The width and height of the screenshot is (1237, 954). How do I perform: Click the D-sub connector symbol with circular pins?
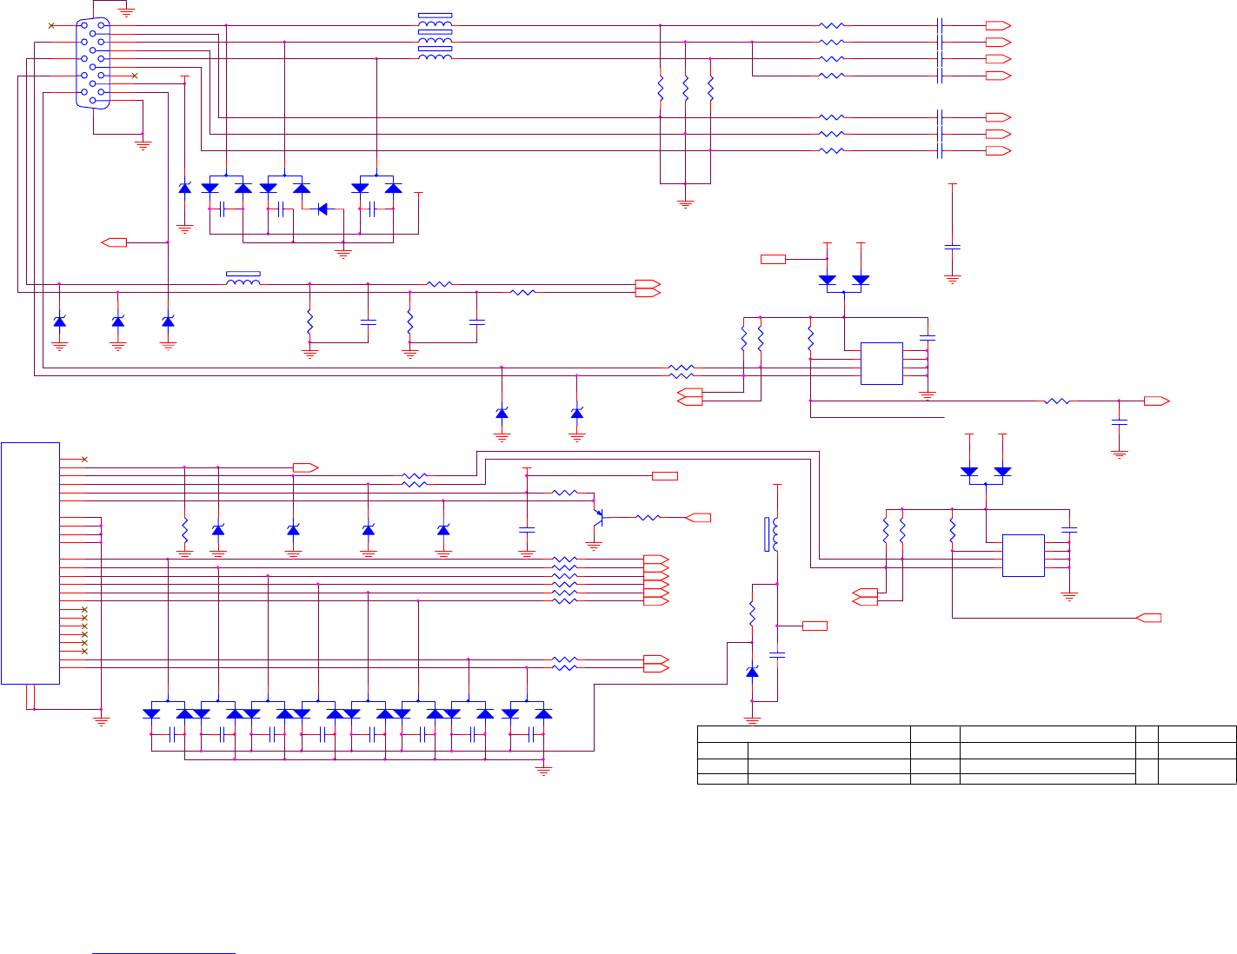click(x=93, y=63)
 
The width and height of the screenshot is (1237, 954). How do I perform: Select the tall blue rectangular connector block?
click(x=30, y=563)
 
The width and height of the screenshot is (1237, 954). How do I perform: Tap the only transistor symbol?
click(x=598, y=518)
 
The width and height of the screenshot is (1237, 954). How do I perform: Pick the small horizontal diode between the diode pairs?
click(x=323, y=209)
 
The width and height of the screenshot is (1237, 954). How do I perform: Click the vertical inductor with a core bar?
click(x=773, y=534)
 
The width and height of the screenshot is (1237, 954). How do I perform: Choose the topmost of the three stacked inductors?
click(x=435, y=21)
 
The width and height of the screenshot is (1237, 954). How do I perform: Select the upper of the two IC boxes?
click(x=881, y=363)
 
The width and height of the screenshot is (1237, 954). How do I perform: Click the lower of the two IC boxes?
click(x=1023, y=555)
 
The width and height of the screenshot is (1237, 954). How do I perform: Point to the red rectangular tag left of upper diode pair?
click(x=773, y=259)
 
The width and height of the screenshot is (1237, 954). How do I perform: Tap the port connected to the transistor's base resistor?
click(x=698, y=518)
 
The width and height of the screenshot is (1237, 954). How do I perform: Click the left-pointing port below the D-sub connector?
click(x=115, y=242)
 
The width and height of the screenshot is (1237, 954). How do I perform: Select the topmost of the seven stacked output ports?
click(x=997, y=25)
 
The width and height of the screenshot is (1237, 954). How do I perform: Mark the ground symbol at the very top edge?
click(x=126, y=11)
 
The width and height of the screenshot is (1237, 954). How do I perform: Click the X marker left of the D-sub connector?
click(x=51, y=25)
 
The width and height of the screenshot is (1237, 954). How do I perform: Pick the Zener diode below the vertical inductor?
click(x=752, y=672)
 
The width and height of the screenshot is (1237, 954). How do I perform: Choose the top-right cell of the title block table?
click(x=1197, y=734)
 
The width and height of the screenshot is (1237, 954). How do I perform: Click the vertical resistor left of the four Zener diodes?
click(x=184, y=529)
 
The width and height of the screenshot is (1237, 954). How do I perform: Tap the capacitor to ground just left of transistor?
click(x=526, y=528)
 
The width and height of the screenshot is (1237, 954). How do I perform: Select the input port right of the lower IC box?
click(x=1148, y=618)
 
